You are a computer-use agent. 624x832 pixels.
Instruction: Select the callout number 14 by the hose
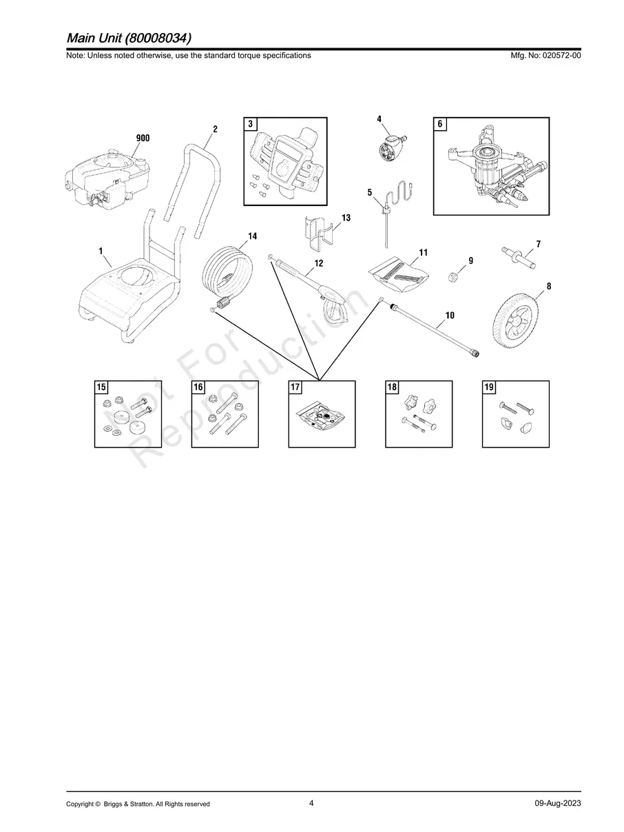pos(252,236)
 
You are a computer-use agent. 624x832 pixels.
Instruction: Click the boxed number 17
pos(295,387)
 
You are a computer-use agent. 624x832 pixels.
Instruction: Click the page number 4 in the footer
pos(311,803)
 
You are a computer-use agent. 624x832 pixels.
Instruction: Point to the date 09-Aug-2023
pos(557,804)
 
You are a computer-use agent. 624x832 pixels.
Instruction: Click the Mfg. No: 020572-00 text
pos(543,55)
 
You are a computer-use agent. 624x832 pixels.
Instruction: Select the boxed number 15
pos(101,387)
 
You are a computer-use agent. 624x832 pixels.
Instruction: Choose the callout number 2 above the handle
pos(215,129)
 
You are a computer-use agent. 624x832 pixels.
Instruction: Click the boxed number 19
pos(489,387)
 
